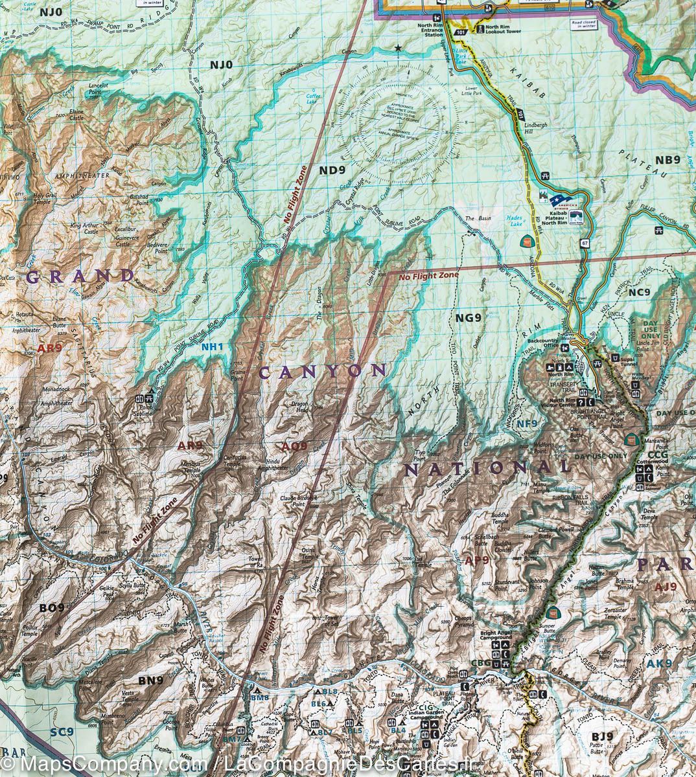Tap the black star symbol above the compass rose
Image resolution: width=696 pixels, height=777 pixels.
tap(398, 49)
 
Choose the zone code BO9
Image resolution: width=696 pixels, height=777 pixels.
tap(52, 608)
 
